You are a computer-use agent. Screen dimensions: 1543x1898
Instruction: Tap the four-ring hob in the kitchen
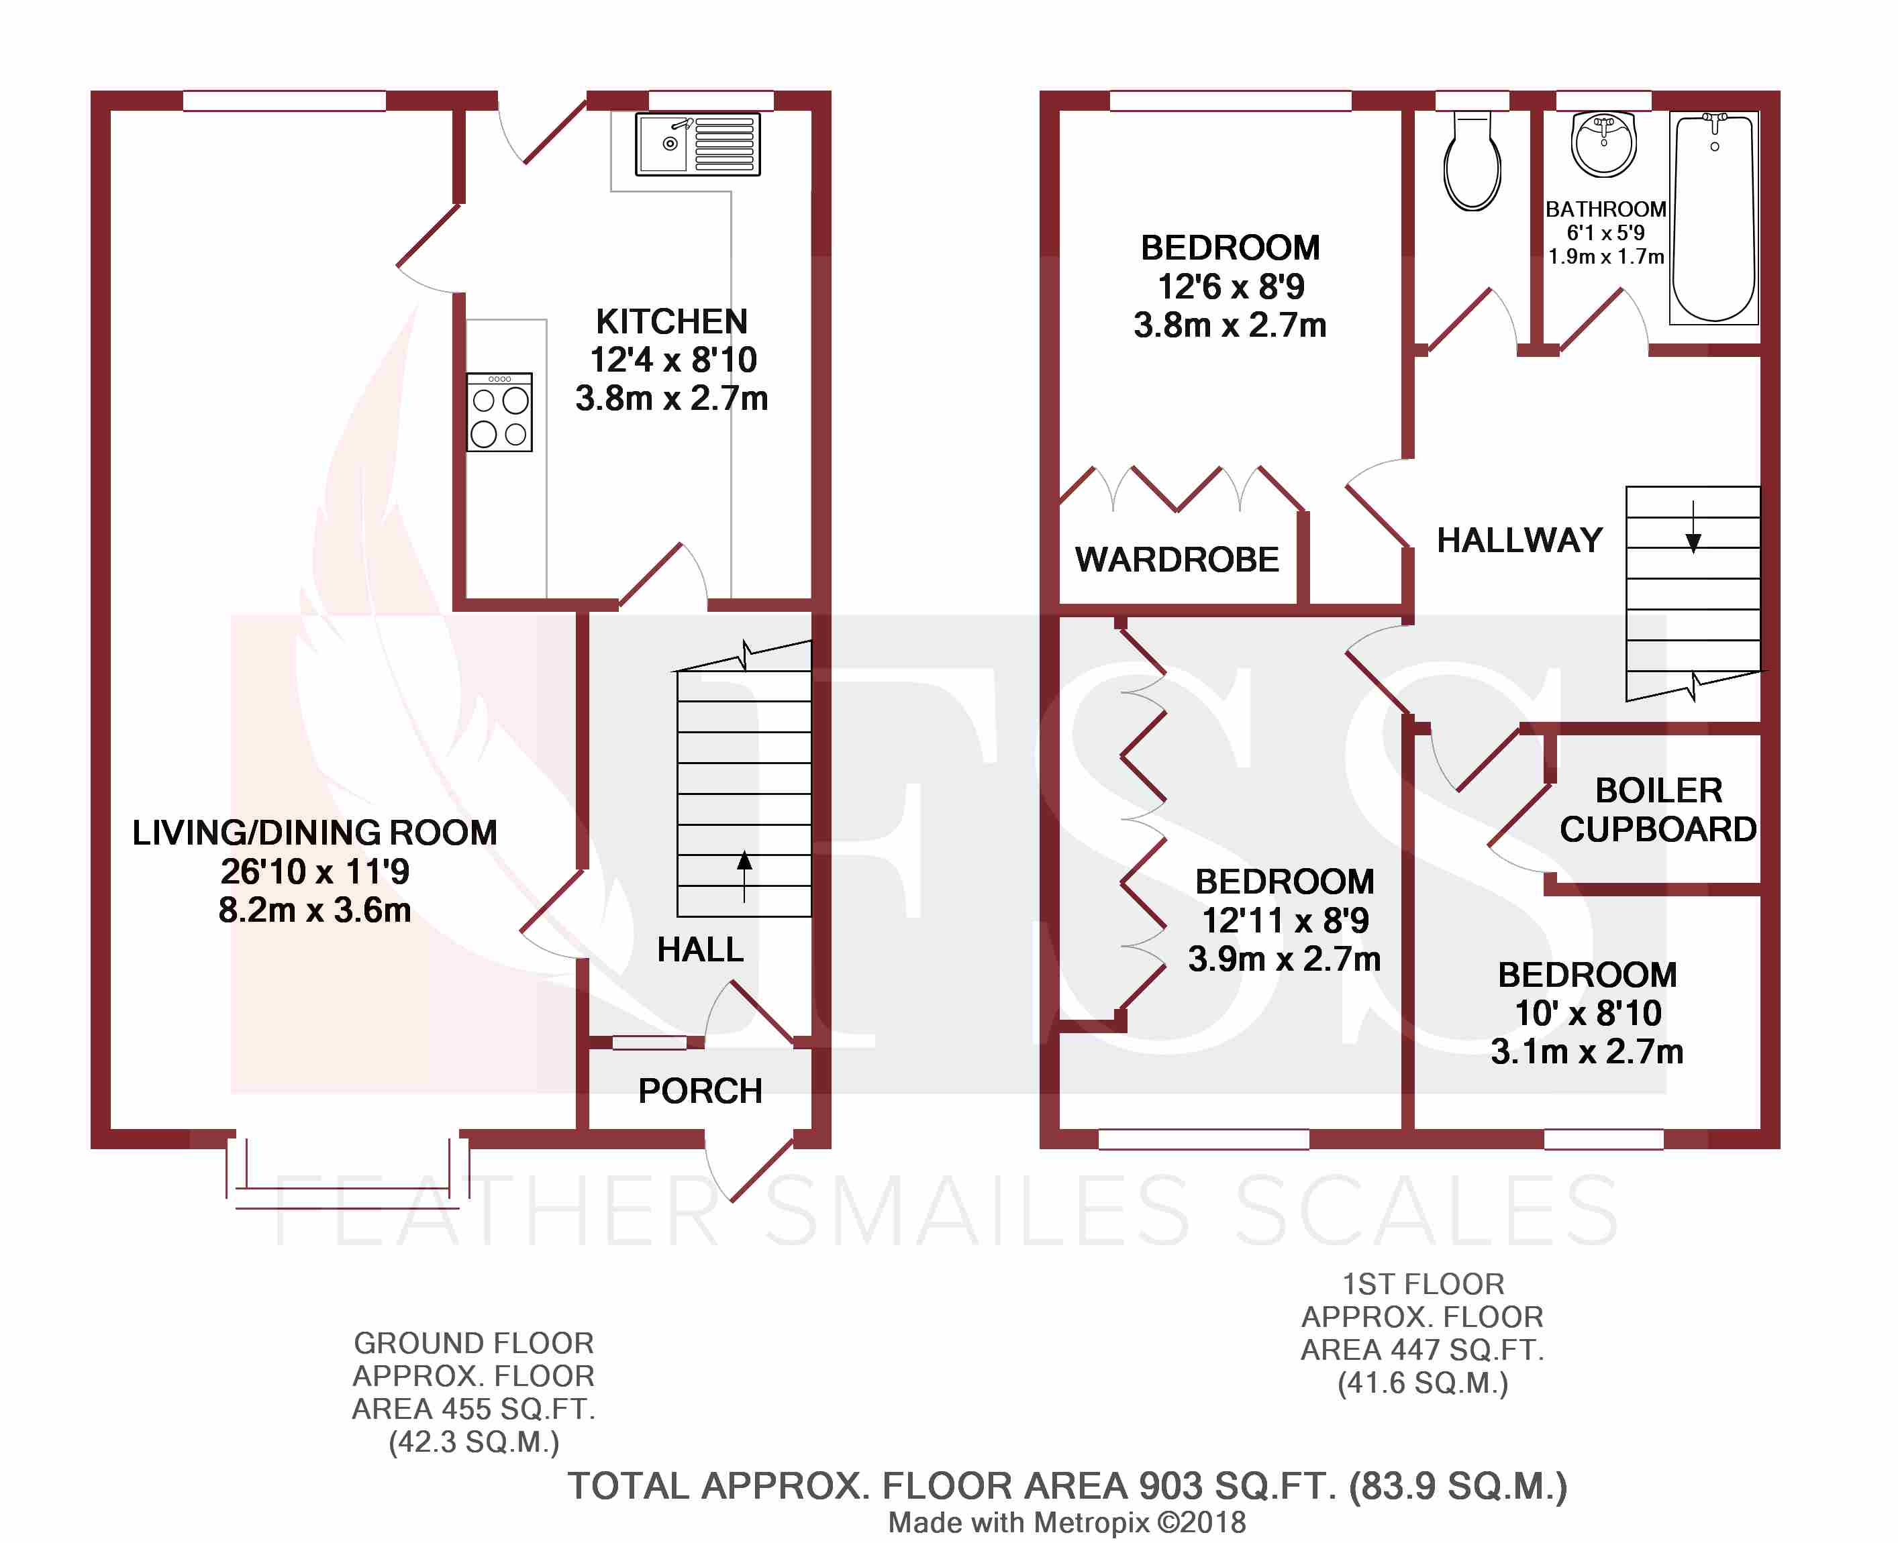pos(499,413)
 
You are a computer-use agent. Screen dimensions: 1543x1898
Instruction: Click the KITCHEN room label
pos(671,321)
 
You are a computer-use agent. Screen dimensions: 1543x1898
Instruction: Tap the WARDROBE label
pos(1177,560)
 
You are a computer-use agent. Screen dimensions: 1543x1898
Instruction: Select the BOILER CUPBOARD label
pos(1658,810)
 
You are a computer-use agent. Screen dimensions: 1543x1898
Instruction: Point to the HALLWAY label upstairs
pos(1519,541)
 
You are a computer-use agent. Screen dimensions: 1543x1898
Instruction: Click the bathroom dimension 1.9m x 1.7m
pos(1605,257)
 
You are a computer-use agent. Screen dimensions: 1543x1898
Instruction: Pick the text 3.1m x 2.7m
pos(1587,1051)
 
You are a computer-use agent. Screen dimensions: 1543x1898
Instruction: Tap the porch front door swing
pos(747,1168)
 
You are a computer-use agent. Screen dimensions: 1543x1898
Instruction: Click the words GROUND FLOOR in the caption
pos(473,1343)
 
